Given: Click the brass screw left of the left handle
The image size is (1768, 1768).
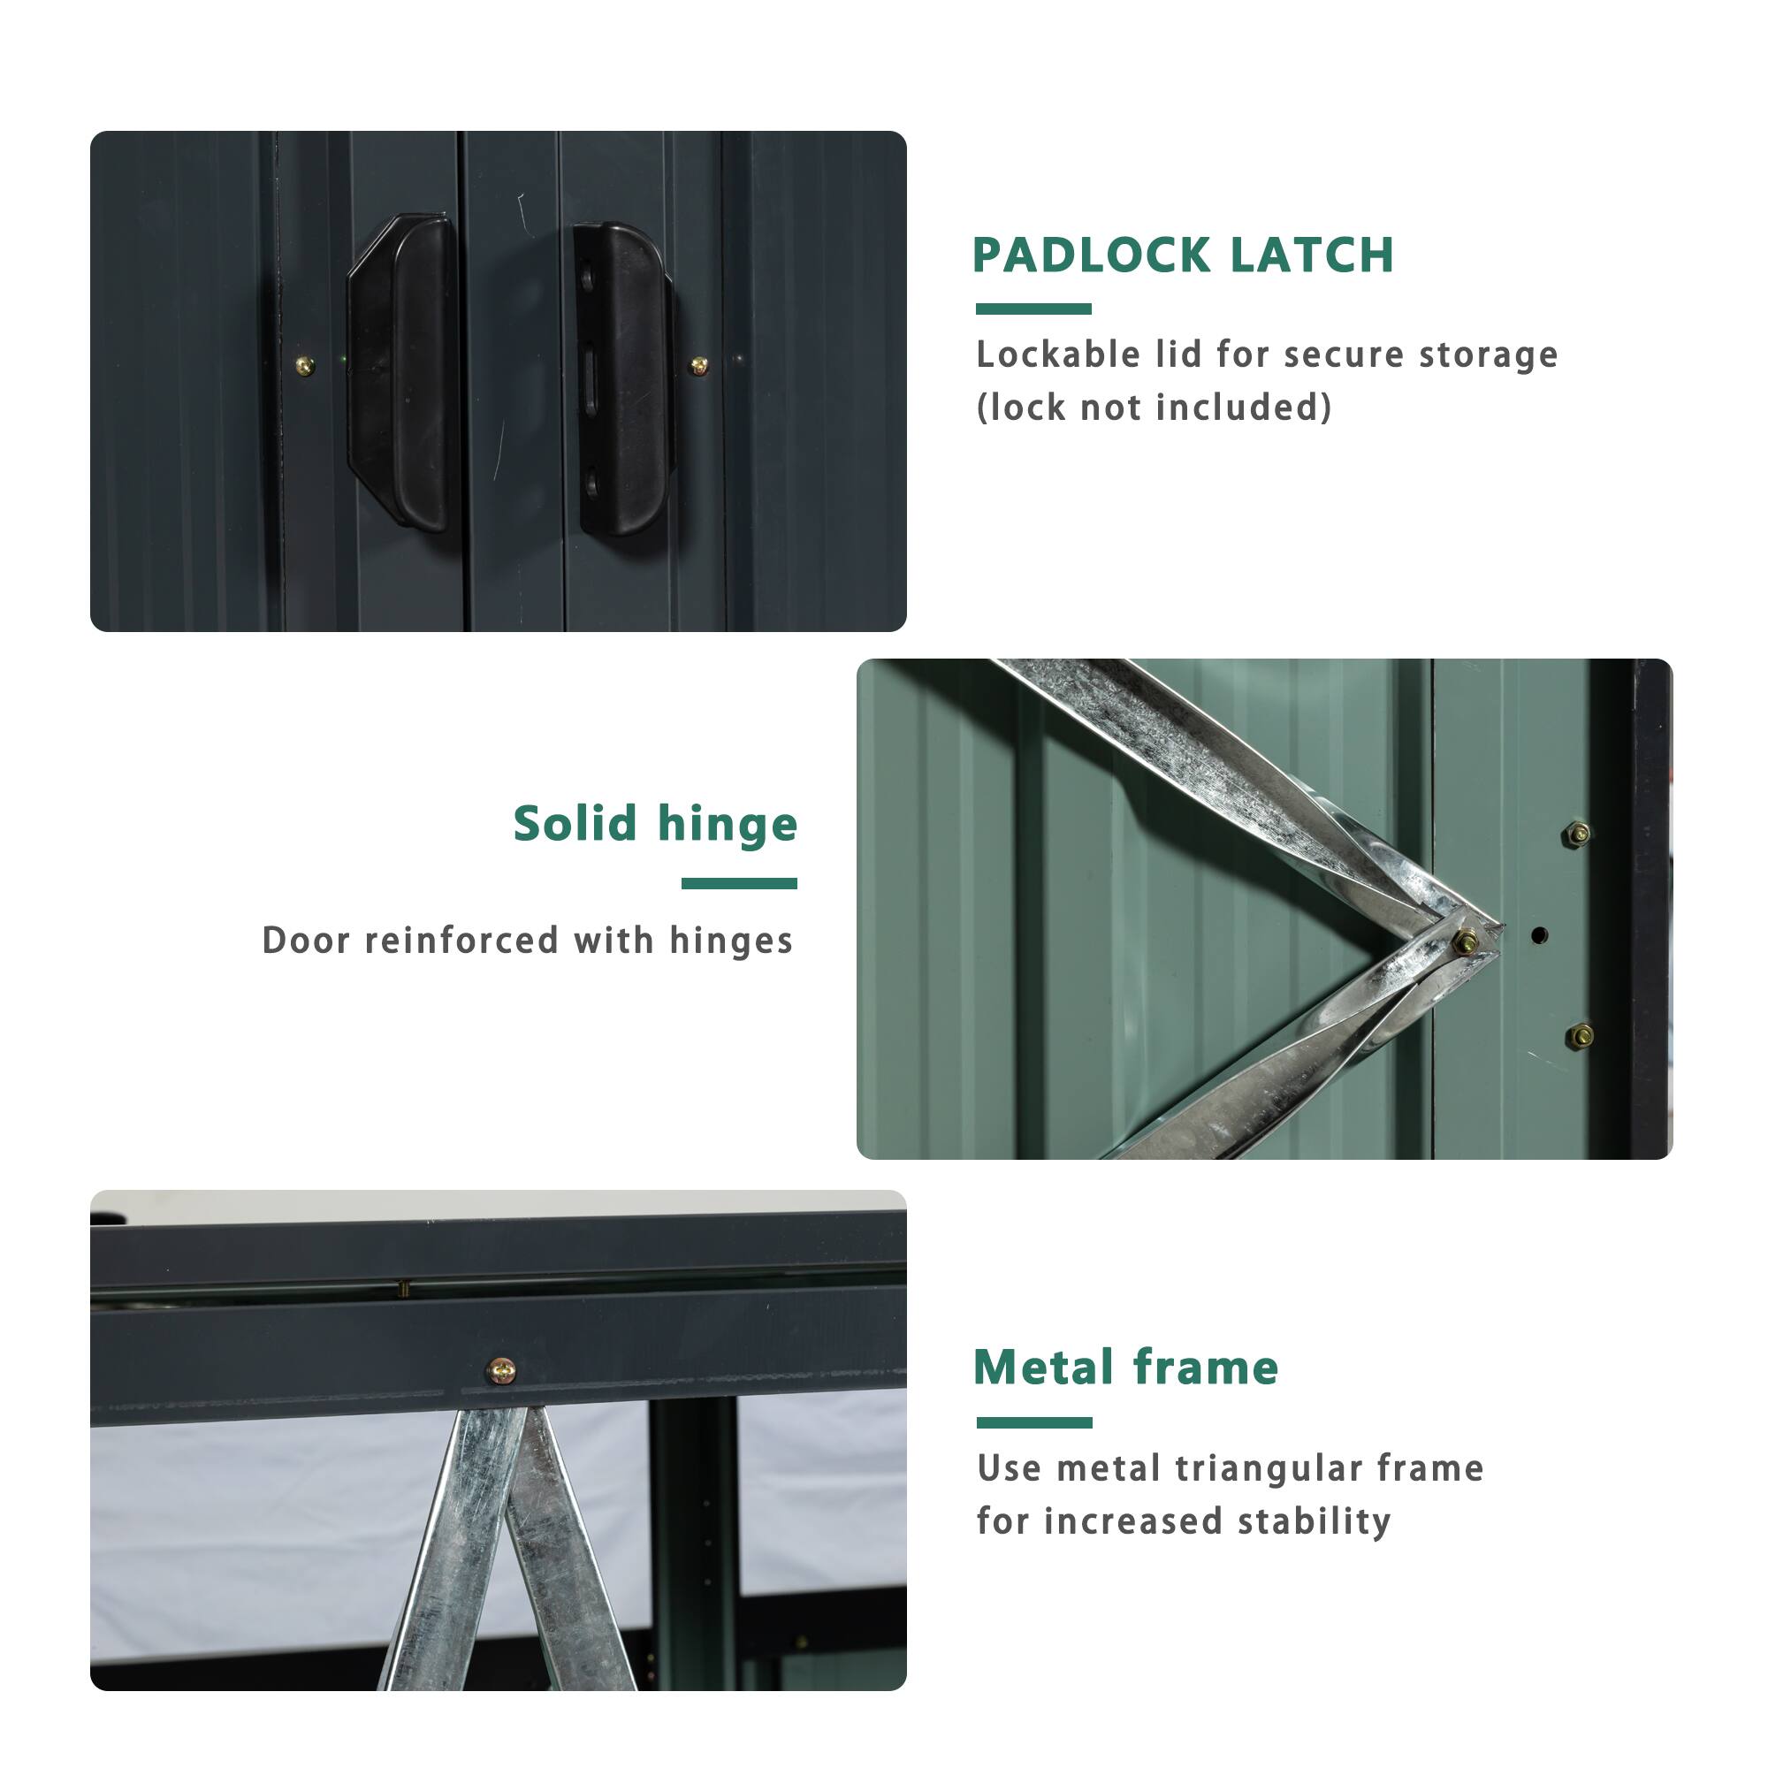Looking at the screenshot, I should pos(305,367).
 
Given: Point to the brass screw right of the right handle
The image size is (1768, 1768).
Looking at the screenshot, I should pos(699,366).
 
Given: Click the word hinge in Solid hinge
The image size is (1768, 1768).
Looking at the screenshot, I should pos(728,825).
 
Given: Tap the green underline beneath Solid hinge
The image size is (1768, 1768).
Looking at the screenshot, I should pos(738,883).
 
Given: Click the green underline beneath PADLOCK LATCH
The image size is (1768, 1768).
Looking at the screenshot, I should pos(1033,309).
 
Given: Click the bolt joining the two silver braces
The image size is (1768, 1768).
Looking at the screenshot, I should pos(1466,940).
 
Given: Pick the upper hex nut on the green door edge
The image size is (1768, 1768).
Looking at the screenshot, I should pos(1578,834).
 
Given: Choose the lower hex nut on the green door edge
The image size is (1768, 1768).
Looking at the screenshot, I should pos(1580,1036).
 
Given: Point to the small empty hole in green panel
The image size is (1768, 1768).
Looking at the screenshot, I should pos(1539,935).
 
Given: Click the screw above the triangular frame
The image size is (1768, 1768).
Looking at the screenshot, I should pos(500,1371).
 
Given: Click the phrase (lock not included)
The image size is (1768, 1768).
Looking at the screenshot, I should pos(1154,408).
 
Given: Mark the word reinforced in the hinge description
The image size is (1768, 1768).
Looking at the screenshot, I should pos(461,941).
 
